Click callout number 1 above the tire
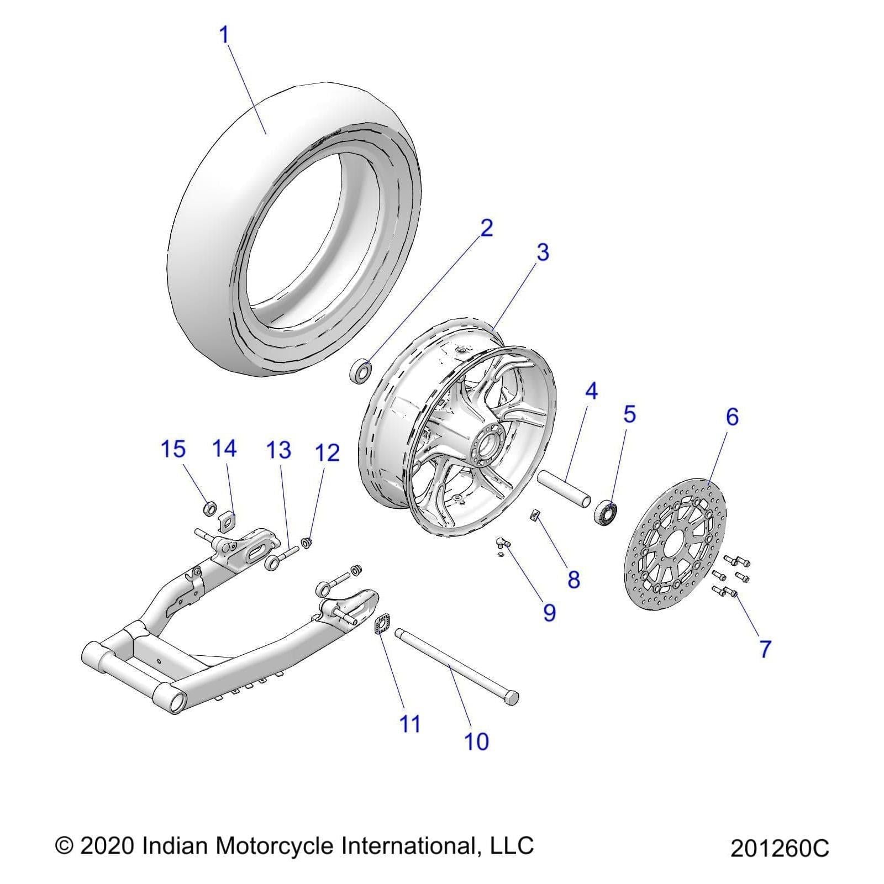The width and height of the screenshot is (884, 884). tap(224, 35)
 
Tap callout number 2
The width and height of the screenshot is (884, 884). tap(486, 228)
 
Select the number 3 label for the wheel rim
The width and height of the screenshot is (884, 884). tap(543, 252)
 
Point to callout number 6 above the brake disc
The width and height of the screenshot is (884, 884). tap(732, 417)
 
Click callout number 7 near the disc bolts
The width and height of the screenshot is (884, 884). tap(765, 649)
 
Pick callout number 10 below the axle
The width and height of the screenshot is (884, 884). tap(476, 741)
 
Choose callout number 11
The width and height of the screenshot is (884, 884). tap(410, 724)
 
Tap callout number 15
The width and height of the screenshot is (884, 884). tap(173, 449)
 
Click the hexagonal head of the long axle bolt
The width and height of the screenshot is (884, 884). tap(512, 697)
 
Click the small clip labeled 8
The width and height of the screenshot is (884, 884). tap(534, 515)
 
